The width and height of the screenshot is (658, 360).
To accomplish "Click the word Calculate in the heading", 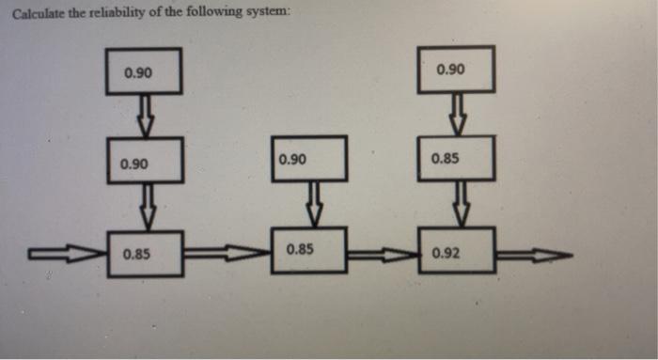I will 35,12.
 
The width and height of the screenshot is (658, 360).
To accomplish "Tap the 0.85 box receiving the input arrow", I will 144,253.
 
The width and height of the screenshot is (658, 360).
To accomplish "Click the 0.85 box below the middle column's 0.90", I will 308,250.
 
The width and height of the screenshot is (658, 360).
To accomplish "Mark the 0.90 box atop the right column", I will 456,70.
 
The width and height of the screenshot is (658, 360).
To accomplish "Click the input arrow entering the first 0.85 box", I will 66,253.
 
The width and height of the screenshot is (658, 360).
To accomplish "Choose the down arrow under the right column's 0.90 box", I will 458,114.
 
